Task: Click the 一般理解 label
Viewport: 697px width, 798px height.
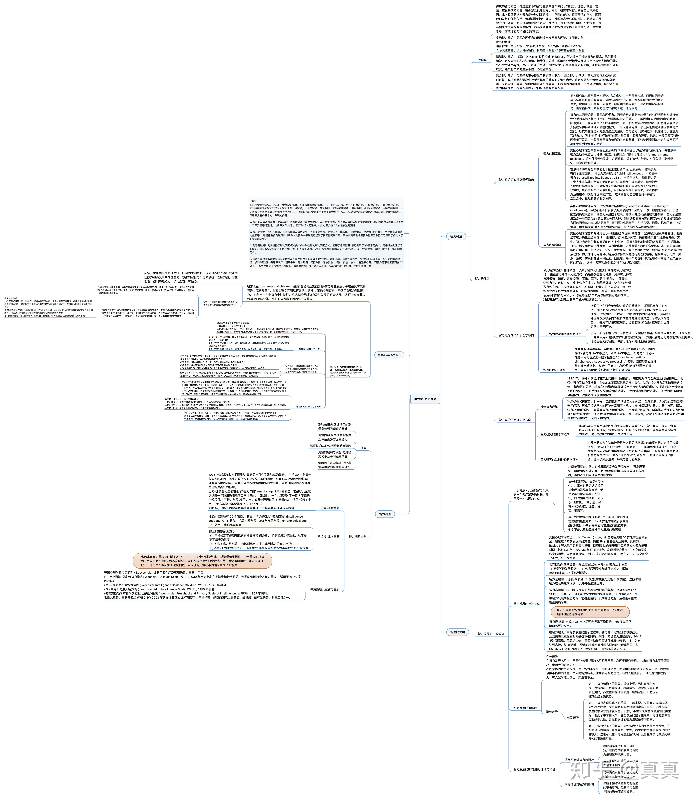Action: click(x=481, y=60)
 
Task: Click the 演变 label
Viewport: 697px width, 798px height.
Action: click(x=363, y=448)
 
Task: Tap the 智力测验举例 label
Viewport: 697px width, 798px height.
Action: click(x=358, y=537)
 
